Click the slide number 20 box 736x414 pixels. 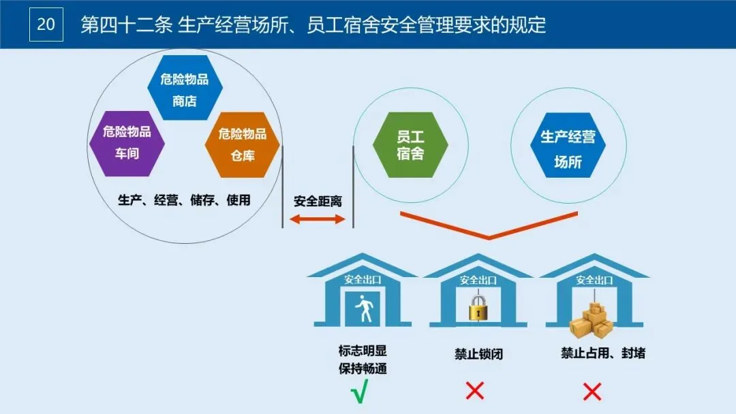pos(46,25)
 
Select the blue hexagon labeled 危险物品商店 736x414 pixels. pos(185,89)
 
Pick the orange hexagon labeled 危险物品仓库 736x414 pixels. pos(243,144)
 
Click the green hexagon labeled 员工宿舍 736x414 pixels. pos(410,145)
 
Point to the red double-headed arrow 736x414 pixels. pos(318,219)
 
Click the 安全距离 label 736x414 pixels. pos(318,202)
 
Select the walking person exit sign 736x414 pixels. pos(364,310)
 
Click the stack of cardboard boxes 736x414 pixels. pos(591,319)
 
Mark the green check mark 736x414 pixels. pos(359,393)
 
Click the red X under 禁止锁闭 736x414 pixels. pos(474,391)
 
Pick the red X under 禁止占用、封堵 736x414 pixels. pos(592,391)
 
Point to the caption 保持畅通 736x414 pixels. pos(363,369)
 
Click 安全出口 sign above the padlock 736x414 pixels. pos(478,280)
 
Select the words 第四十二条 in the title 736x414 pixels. pos(125,25)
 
